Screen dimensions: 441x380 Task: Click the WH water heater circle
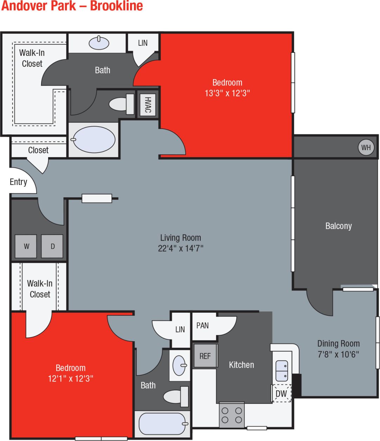(x=366, y=147)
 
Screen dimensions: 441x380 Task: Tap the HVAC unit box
(x=148, y=105)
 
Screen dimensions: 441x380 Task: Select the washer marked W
(x=26, y=246)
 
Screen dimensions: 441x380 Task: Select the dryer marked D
(x=52, y=246)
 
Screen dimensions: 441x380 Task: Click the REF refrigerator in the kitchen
(x=205, y=356)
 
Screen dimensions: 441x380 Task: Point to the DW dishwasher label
(x=281, y=394)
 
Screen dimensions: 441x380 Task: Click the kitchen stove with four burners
(x=232, y=415)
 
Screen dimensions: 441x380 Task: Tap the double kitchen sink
(x=282, y=371)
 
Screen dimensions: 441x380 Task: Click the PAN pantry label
(x=202, y=326)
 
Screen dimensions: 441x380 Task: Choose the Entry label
(x=18, y=182)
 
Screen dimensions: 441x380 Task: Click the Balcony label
(x=338, y=226)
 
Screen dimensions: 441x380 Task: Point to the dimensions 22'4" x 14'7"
(x=181, y=248)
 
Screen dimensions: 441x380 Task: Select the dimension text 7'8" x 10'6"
(x=338, y=354)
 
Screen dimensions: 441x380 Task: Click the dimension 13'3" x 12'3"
(x=227, y=93)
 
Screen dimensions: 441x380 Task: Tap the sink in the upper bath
(x=99, y=43)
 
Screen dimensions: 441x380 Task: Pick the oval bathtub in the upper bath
(x=94, y=140)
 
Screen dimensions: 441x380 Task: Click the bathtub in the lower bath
(x=162, y=424)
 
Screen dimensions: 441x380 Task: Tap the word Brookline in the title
(x=116, y=6)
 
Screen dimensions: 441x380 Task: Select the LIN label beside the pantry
(x=180, y=330)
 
